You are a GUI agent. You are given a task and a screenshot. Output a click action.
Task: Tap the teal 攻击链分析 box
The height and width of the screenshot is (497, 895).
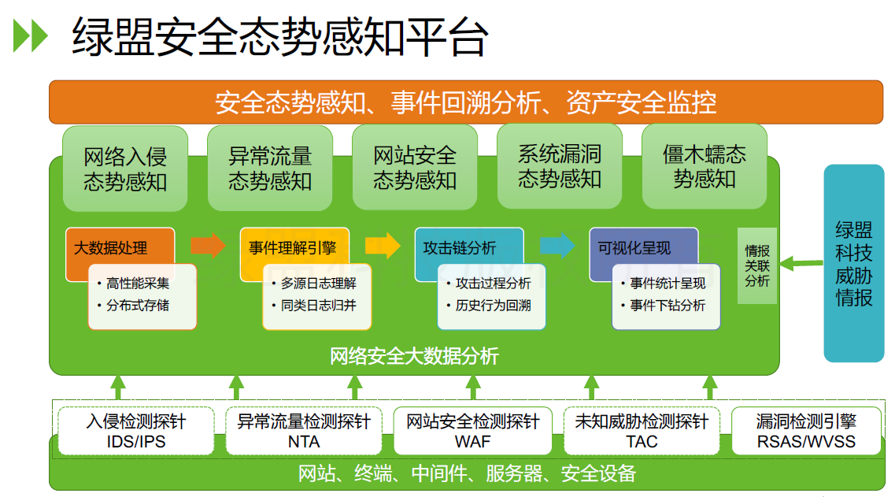tap(460, 247)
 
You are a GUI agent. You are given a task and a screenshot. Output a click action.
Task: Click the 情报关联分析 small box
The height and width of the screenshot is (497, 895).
tap(756, 265)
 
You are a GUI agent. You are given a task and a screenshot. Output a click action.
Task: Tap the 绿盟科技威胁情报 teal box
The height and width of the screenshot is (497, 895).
tap(854, 263)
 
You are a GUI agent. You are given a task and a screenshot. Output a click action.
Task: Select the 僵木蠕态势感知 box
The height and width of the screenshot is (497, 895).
tap(705, 166)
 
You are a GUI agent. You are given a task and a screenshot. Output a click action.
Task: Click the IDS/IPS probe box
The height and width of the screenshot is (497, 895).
tap(136, 431)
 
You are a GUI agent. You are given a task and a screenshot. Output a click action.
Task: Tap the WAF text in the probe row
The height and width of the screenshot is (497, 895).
tap(472, 442)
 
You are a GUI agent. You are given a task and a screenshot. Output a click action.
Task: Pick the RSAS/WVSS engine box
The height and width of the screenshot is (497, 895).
tap(806, 431)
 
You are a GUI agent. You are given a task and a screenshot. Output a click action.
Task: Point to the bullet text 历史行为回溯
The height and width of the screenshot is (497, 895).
tap(493, 305)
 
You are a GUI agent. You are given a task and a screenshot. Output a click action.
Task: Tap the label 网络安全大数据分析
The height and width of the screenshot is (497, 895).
tap(414, 356)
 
